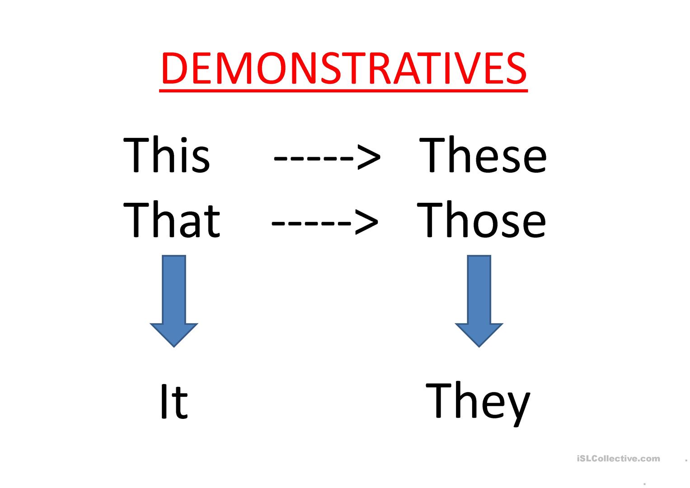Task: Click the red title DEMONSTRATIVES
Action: pos(343,69)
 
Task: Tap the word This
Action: pos(166,155)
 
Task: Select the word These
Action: pos(483,155)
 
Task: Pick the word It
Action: pos(174,402)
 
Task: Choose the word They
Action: pos(478,402)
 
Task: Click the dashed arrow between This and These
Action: pos(327,157)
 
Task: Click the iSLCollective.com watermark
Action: pos(618,459)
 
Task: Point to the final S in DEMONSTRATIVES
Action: pos(514,69)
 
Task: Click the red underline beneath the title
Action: pos(343,91)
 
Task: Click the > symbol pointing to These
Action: pos(369,157)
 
